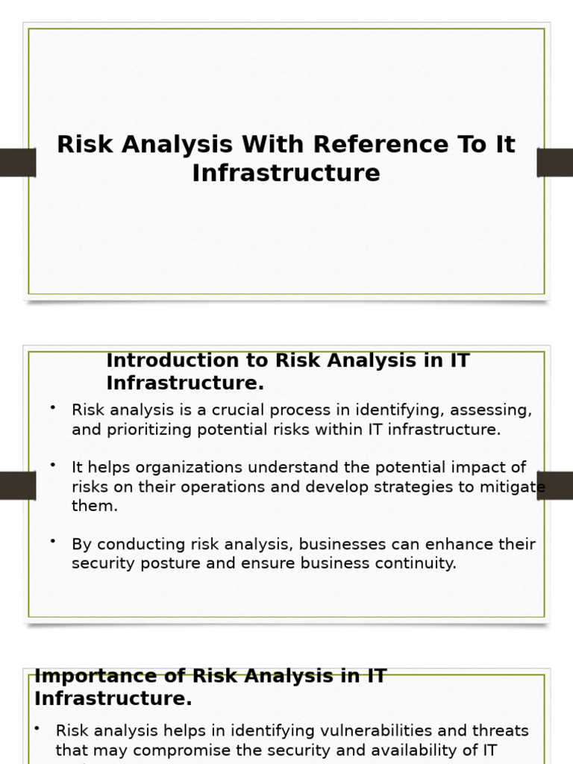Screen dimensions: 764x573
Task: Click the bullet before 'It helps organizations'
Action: (x=53, y=465)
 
